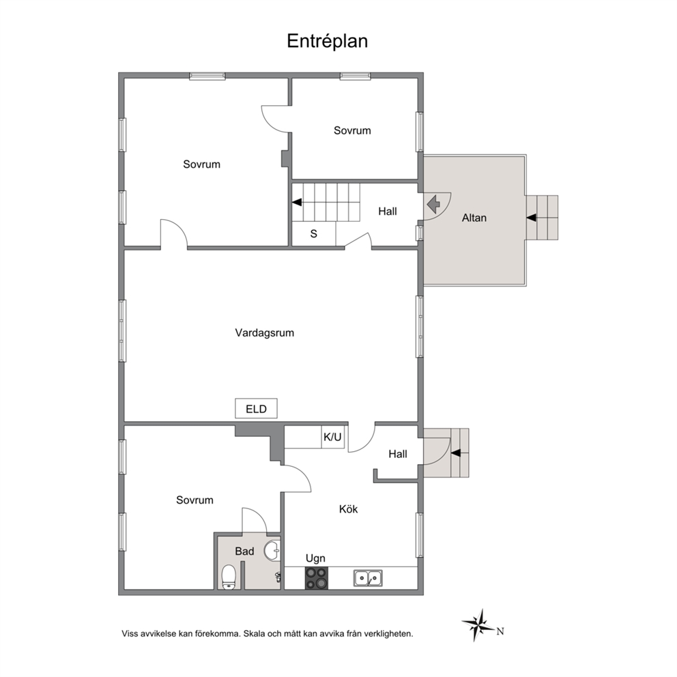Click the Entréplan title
328,42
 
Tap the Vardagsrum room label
265,333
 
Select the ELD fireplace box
256,408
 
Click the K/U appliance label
332,437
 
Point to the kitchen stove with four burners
317,578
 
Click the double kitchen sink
368,578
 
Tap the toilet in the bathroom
229,577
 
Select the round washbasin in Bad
272,550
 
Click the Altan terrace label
474,218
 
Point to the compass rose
478,624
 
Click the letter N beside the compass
500,631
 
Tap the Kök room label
349,510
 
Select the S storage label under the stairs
314,234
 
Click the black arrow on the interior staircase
297,202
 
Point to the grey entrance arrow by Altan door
433,202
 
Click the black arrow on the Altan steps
531,218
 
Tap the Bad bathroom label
244,551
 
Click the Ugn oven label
315,559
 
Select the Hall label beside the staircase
387,212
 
